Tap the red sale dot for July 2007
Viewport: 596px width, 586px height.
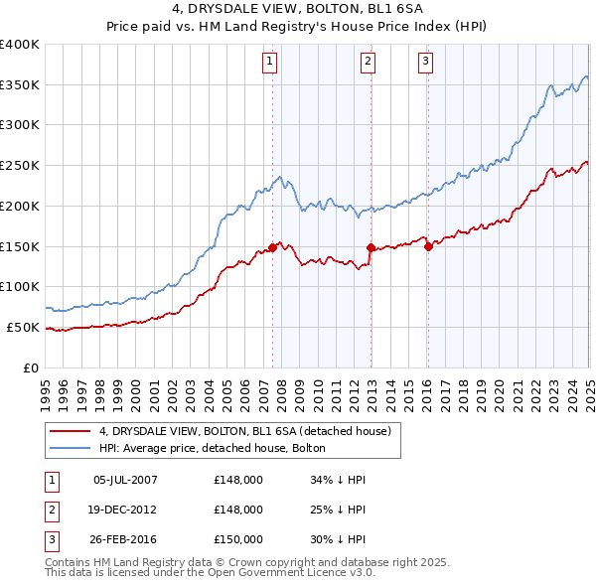pos(272,247)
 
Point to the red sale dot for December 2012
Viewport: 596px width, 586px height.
pos(371,247)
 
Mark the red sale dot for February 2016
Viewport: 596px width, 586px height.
pos(428,246)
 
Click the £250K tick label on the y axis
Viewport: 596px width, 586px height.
pos(20,165)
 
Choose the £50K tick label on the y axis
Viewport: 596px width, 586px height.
pos(24,327)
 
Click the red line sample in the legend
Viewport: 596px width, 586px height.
pos(70,431)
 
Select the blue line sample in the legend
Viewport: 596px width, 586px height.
pos(70,449)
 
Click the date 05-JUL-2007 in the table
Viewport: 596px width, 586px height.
pos(125,480)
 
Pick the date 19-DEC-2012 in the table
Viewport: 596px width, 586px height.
pos(125,511)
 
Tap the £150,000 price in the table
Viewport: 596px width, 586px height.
pos(238,540)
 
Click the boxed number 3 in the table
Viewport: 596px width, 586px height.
pos(49,540)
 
